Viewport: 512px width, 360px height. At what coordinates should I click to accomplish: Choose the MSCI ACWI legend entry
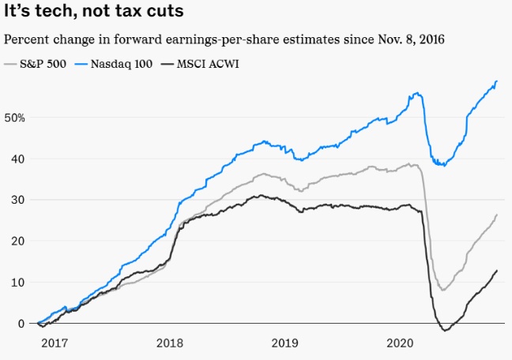[x=203, y=62]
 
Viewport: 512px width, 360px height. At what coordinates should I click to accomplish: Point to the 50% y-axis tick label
[x=15, y=118]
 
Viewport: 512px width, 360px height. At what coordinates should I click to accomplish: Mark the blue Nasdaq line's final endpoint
[x=497, y=81]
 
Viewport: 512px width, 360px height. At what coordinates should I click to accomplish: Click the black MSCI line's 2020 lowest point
[x=445, y=331]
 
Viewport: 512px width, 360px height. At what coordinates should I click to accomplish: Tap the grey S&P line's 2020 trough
[x=443, y=290]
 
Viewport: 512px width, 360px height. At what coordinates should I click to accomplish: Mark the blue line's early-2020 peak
[x=417, y=93]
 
